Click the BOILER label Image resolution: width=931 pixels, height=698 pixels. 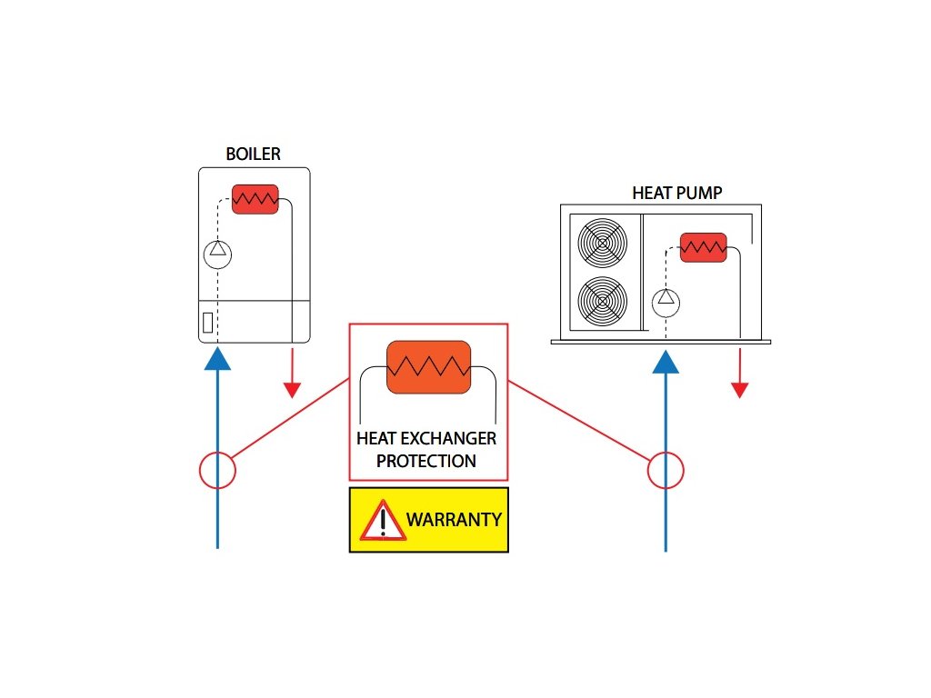pos(253,154)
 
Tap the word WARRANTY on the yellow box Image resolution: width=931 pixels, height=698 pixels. pos(453,520)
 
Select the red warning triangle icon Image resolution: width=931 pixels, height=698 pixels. pos(383,521)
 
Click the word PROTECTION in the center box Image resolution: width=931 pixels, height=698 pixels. pos(425,461)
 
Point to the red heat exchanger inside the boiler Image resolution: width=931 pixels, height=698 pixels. pos(255,199)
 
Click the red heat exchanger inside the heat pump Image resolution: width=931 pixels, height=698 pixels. pos(704,247)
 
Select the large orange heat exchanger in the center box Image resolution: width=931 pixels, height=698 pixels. pos(428,367)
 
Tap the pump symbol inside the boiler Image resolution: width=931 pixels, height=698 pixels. pos(217,254)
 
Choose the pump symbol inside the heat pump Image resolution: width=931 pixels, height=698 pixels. pos(666,298)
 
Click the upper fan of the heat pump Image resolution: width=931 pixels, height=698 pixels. pos(603,244)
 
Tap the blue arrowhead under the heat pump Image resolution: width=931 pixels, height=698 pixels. pos(666,361)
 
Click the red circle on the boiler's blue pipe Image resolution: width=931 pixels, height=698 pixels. pos(217,471)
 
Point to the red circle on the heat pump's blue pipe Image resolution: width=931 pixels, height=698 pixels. pos(666,471)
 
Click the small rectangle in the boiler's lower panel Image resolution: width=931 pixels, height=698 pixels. pos(207,322)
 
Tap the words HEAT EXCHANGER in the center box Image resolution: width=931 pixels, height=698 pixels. pos(426,439)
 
